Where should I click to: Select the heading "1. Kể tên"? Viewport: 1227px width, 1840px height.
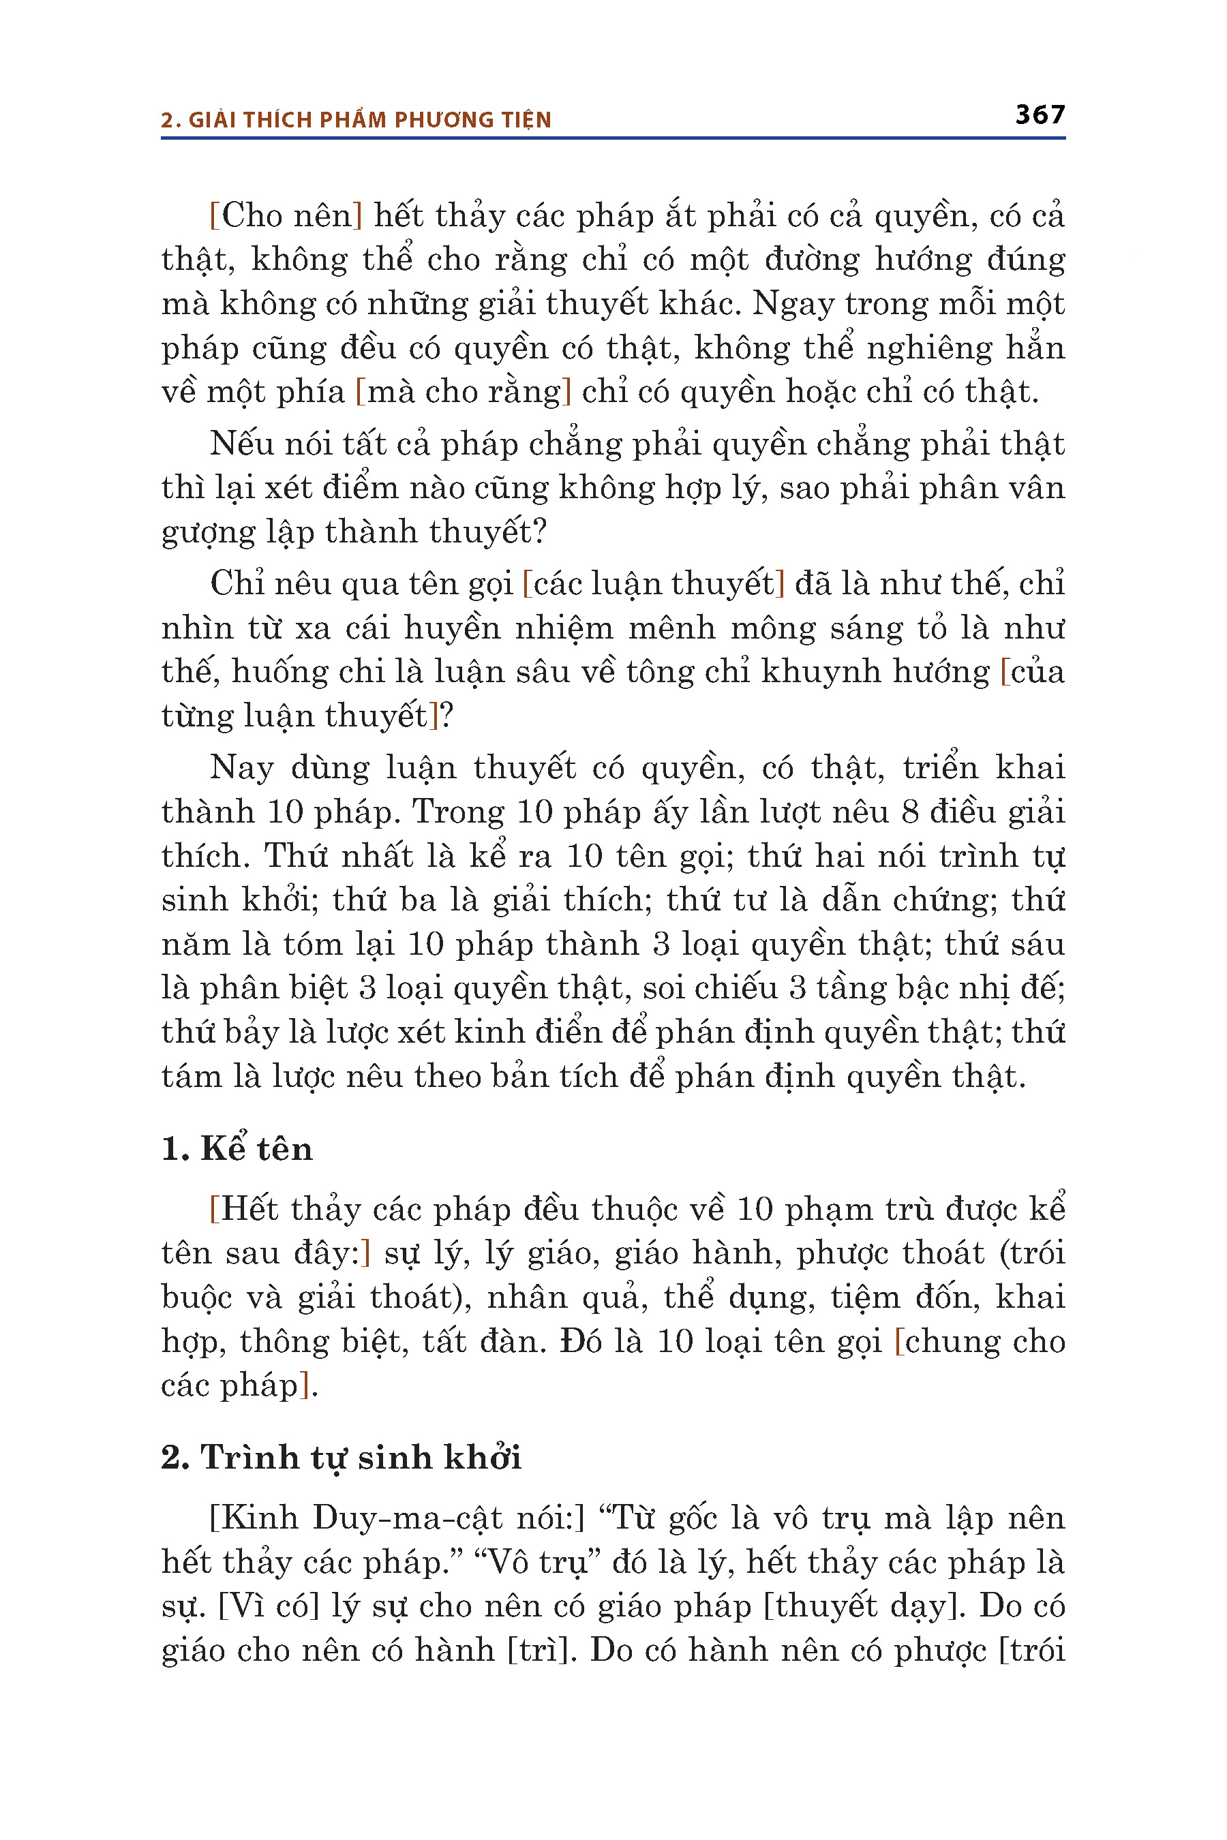237,1149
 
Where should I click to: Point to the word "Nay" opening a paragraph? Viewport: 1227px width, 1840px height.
241,767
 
